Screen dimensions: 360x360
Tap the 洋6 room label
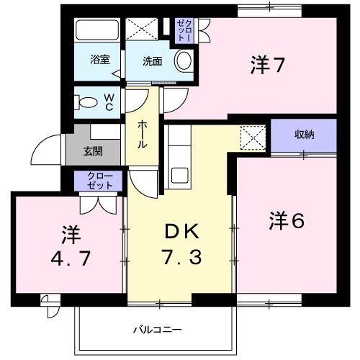287,220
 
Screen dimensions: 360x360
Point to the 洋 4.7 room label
69,245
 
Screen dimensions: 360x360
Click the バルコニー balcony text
157,330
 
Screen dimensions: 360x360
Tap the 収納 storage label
304,134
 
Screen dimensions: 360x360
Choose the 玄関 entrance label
91,151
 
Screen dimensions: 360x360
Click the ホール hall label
143,134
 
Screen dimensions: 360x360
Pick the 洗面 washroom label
151,61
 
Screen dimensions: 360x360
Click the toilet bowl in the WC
87,102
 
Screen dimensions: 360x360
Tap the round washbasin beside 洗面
184,61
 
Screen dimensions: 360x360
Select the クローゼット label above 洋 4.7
100,181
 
